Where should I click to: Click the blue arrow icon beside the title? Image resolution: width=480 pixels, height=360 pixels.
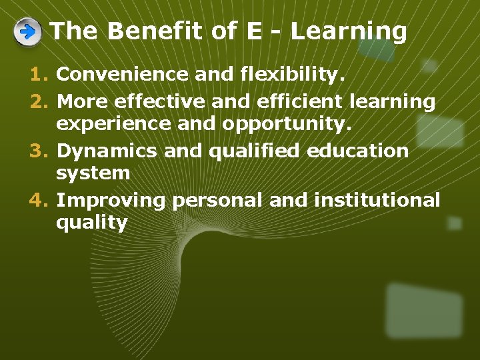click(27, 32)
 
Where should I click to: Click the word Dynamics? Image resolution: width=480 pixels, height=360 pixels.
click(107, 151)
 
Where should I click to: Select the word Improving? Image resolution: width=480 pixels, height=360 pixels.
click(111, 200)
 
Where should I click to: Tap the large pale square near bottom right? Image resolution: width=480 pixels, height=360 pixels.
click(423, 310)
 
